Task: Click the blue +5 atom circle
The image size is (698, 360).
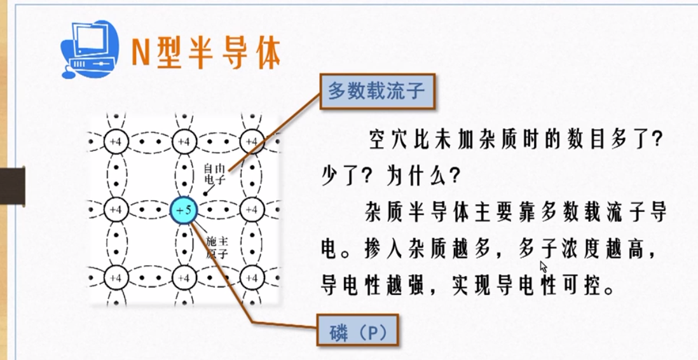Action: [184, 209]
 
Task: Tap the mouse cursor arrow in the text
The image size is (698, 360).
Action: [543, 266]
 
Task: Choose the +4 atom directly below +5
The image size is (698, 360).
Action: [184, 278]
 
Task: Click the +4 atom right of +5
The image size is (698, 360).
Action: [252, 209]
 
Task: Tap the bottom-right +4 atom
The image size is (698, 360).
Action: [252, 278]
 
